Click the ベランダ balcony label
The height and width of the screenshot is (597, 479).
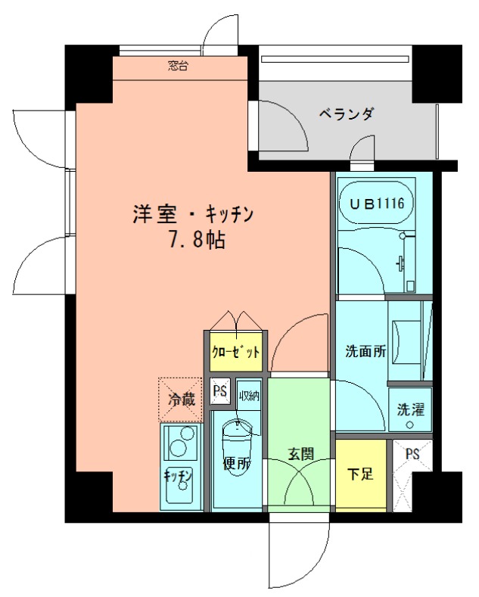347,113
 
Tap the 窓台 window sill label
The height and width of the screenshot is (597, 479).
178,67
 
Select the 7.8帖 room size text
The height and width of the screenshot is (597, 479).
197,240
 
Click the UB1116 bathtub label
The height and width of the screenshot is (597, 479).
377,204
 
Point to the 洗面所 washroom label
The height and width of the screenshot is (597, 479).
365,351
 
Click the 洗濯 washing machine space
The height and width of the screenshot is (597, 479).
410,409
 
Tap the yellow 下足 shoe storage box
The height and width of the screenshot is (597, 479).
361,475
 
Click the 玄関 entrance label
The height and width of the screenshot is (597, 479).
301,453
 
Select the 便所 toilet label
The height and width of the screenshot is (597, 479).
236,464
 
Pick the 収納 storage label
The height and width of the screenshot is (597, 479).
249,396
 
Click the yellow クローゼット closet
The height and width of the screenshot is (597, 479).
236,351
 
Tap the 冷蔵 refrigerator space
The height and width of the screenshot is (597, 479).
180,400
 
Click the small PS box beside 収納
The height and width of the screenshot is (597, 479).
220,391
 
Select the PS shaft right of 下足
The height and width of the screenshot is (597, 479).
412,475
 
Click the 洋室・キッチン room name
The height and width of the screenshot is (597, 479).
193,215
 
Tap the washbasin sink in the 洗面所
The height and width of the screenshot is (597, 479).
404,341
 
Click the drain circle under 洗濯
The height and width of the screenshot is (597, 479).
409,425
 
